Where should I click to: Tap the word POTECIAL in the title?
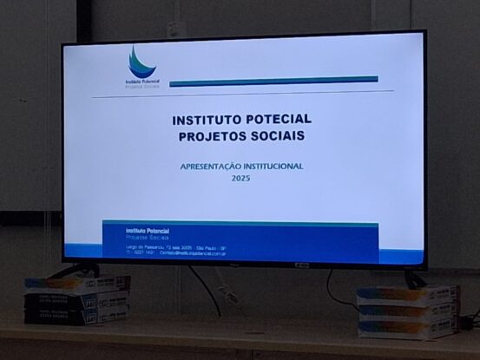[x=278, y=119]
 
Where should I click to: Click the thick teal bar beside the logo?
[x=273, y=81]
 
